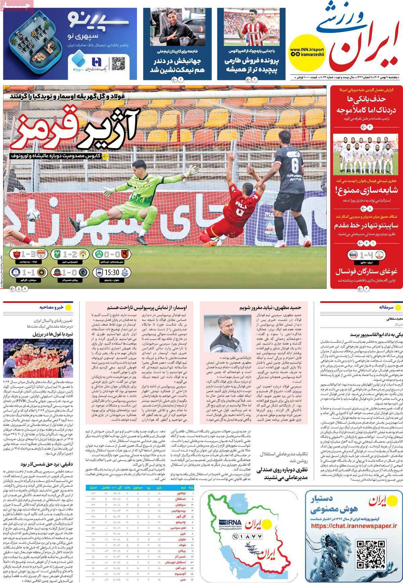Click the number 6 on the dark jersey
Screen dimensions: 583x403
[295, 166]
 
